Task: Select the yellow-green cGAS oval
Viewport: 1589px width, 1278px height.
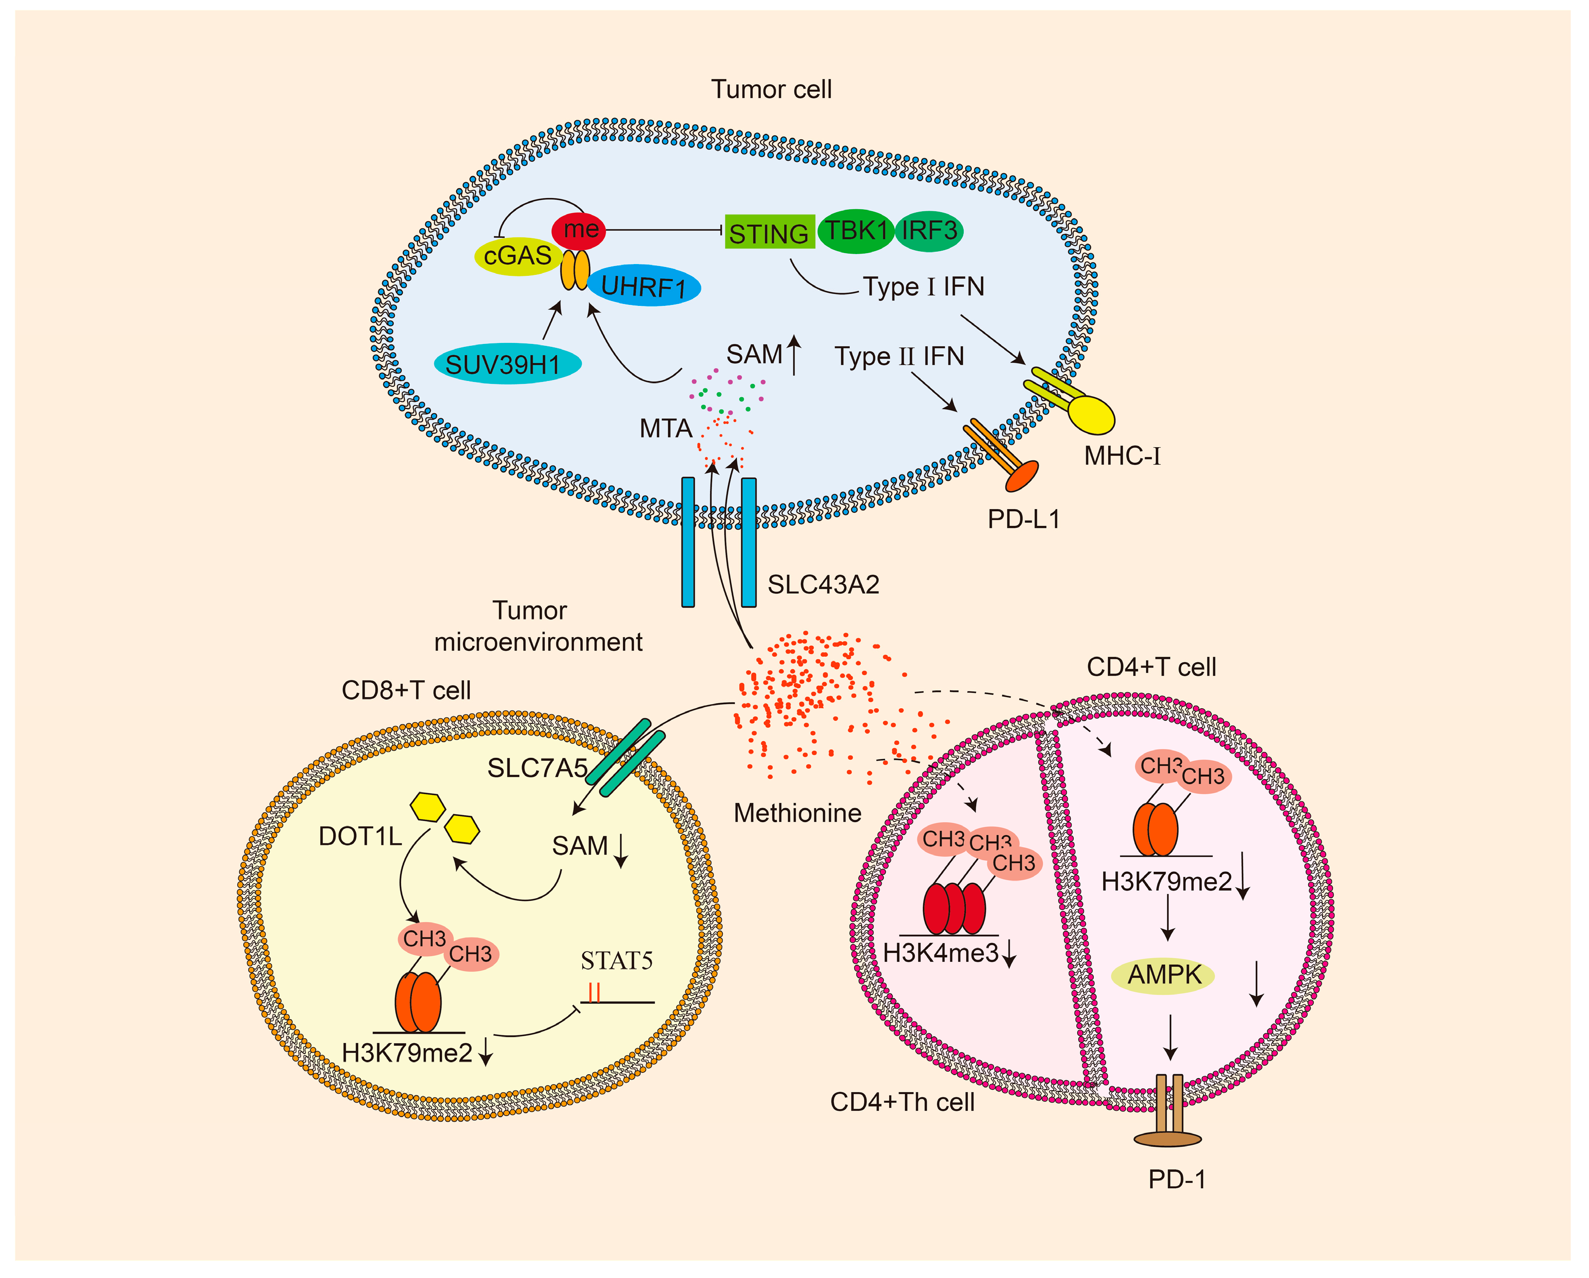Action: [517, 256]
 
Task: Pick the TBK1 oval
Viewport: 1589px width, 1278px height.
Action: [856, 231]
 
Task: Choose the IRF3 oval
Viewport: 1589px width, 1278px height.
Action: [929, 231]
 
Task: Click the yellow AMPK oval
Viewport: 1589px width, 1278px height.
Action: [1163, 975]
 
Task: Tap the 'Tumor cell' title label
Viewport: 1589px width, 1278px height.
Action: [771, 89]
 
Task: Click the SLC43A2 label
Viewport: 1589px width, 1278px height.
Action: [823, 584]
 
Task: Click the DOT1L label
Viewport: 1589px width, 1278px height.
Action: [360, 836]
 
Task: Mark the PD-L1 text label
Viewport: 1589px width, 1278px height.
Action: [1023, 520]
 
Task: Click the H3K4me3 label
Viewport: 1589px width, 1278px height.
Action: [941, 953]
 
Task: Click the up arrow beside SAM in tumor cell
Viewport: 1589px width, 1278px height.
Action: [794, 354]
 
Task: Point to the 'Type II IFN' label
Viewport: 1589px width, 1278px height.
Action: [899, 356]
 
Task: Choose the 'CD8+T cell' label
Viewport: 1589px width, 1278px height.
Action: [406, 691]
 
